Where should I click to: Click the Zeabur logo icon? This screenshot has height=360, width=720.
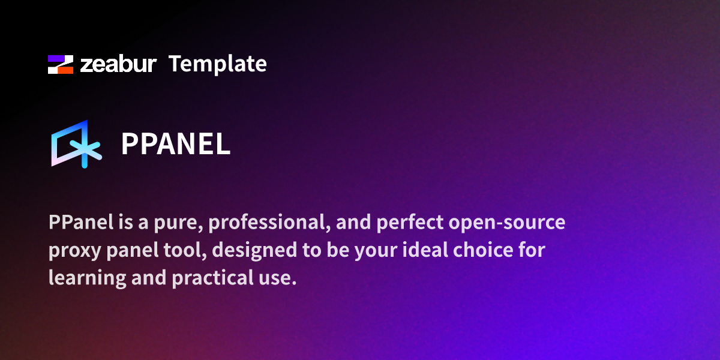coord(61,64)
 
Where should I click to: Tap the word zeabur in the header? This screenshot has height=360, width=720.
coord(118,64)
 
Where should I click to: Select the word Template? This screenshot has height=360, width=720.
coord(217,64)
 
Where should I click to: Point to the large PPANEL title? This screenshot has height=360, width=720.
coord(176,144)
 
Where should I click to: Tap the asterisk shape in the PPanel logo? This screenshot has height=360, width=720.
coord(88,150)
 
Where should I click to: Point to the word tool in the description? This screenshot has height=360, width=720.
coord(185,250)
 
